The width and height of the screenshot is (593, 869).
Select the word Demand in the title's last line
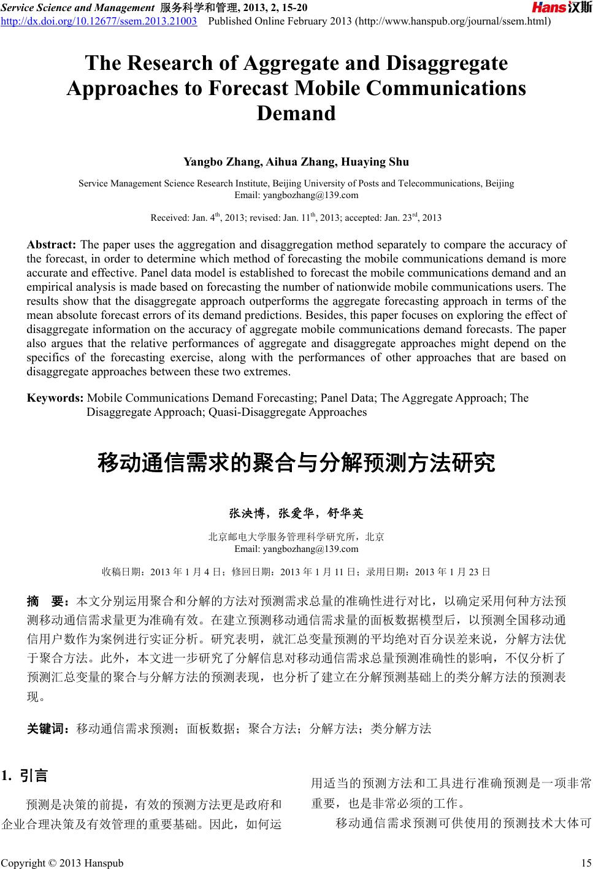296,113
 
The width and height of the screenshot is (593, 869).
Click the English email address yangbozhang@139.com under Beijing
297,196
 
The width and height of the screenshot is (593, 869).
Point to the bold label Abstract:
52,245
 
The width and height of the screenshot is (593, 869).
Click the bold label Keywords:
55,398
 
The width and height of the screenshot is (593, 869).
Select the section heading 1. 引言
25,776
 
